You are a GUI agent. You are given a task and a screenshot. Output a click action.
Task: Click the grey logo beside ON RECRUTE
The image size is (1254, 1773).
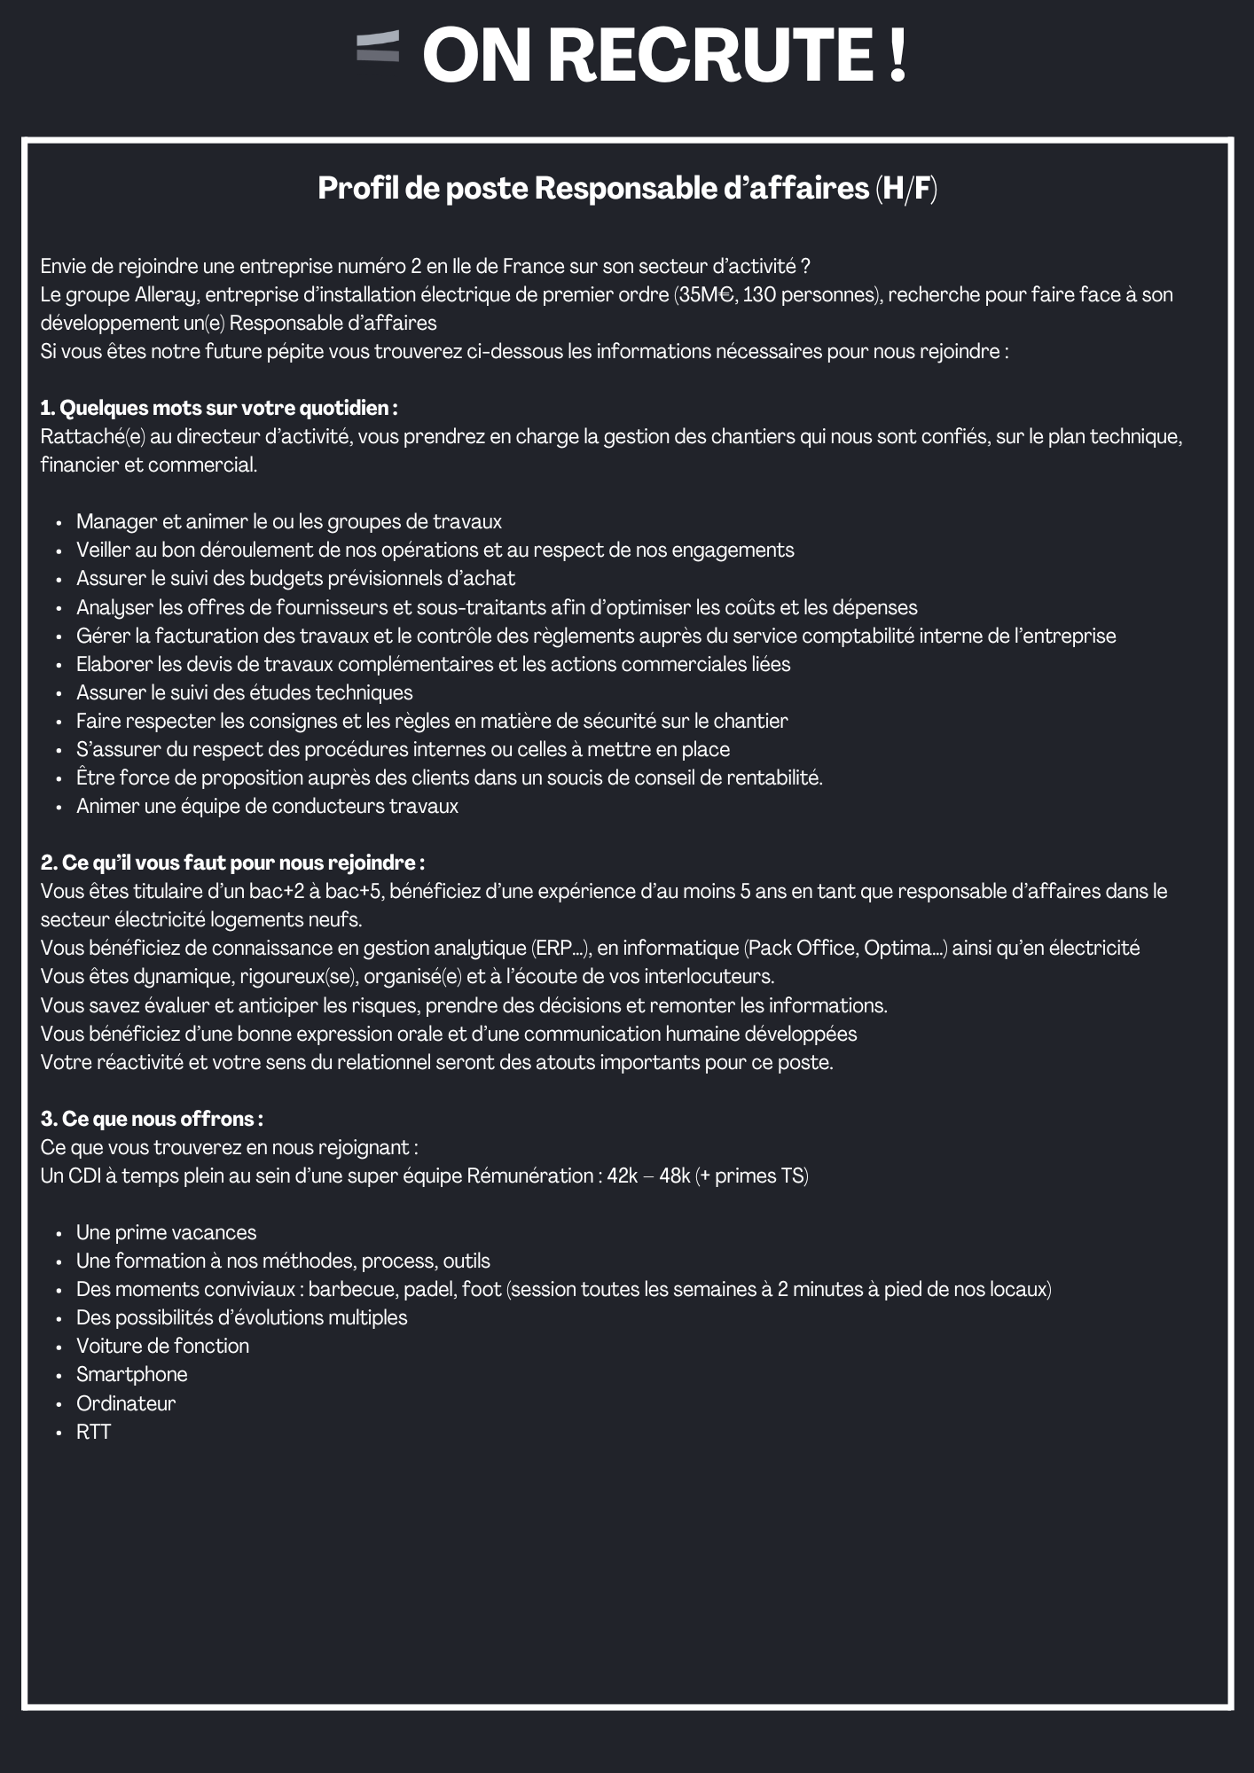pos(378,47)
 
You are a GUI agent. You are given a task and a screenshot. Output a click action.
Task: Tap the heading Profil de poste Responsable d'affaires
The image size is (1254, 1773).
pos(627,188)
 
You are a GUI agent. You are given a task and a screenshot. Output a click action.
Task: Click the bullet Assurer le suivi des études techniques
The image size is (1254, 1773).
pos(244,692)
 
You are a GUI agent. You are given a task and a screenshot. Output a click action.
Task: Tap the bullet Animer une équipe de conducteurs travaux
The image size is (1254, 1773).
pos(267,806)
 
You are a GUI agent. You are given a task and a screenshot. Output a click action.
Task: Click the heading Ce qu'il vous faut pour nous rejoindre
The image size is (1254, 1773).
pos(232,863)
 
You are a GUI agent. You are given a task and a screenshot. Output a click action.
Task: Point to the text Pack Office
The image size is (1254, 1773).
pos(801,948)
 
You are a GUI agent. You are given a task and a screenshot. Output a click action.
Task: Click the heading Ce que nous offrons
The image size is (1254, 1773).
pos(152,1119)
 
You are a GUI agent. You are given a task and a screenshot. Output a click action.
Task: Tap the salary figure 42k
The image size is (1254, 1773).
pos(623,1175)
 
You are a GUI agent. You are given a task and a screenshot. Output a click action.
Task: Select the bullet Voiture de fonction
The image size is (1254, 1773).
pos(162,1346)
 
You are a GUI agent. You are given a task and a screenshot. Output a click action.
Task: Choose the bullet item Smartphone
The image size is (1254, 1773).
pos(132,1374)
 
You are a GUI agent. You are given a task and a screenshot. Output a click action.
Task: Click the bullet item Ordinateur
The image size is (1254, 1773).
pos(126,1403)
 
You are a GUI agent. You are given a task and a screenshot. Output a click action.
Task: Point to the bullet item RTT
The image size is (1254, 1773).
pos(93,1432)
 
